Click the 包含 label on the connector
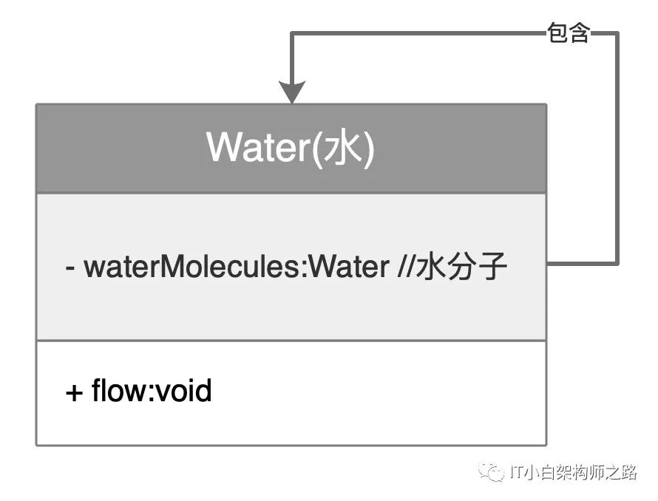pyautogui.click(x=569, y=33)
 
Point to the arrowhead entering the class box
pyautogui.click(x=293, y=92)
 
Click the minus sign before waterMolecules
pyautogui.click(x=71, y=267)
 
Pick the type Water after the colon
pyautogui.click(x=348, y=267)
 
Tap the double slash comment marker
pyautogui.click(x=405, y=267)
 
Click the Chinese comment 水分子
pyautogui.click(x=461, y=267)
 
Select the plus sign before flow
pyautogui.click(x=74, y=392)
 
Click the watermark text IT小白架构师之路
pyautogui.click(x=573, y=473)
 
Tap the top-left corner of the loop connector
pyautogui.click(x=293, y=34)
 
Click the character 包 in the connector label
pyautogui.click(x=557, y=33)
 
